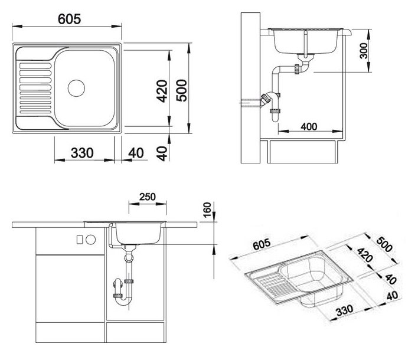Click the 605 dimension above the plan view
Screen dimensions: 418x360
[x=69, y=19]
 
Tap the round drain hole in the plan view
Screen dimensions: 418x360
[x=76, y=88]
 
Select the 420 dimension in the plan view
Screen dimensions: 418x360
[x=162, y=91]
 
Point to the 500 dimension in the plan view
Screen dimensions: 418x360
[x=181, y=90]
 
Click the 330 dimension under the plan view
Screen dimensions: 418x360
[x=82, y=153]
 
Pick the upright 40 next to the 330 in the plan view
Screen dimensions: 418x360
[x=136, y=153]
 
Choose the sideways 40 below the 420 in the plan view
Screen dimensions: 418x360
[x=162, y=153]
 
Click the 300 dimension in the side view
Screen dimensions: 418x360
[x=363, y=51]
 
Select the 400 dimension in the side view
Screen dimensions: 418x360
[x=309, y=126]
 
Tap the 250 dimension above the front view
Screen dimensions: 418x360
[x=148, y=197]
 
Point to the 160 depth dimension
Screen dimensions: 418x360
[x=207, y=210]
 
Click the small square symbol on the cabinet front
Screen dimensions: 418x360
[x=80, y=240]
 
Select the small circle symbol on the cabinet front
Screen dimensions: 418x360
[x=91, y=240]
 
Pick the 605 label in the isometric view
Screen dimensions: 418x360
[x=262, y=244]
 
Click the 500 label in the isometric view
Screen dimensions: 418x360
[x=384, y=244]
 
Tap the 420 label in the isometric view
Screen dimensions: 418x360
[x=365, y=255]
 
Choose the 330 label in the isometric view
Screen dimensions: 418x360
[x=344, y=310]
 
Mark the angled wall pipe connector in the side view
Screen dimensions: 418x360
[x=266, y=100]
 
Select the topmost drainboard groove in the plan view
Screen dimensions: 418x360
[x=35, y=66]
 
